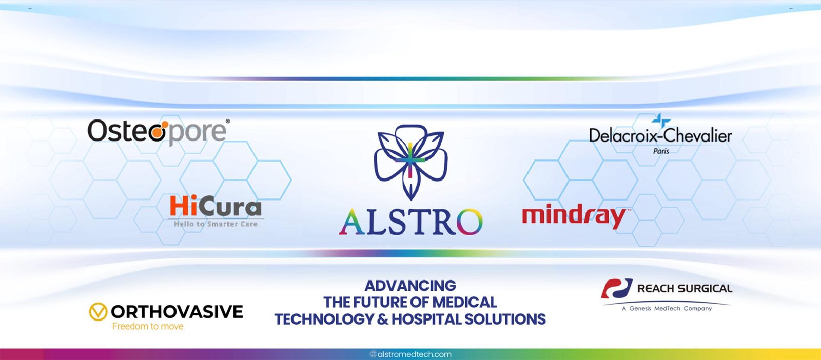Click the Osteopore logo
coord(159,132)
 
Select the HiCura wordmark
coord(216,206)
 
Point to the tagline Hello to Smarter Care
coord(216,224)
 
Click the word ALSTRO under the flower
coord(411,222)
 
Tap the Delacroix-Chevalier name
coord(660,136)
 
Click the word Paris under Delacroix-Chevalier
coord(661,151)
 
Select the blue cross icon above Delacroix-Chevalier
coord(661,121)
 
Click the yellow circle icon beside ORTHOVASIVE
coord(98,312)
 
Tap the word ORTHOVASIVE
coord(177,312)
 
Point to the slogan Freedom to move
coord(148,326)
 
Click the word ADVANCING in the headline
coord(410,286)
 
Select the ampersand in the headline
coord(382,319)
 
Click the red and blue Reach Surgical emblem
coord(616,289)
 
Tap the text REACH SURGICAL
coord(685,289)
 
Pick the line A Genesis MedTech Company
coord(667,308)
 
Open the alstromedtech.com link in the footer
coord(411,354)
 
